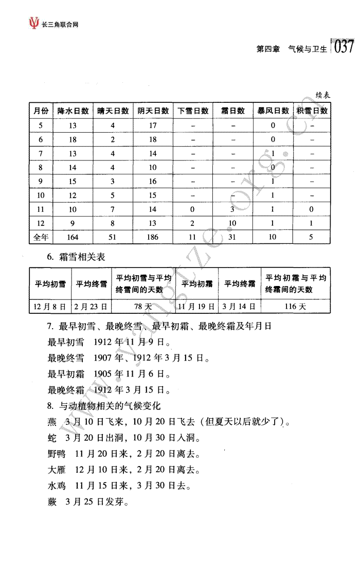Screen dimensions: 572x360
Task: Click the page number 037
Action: tap(344, 47)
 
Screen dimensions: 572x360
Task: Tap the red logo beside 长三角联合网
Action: tap(34, 23)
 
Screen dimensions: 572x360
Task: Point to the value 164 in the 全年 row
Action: tap(73, 237)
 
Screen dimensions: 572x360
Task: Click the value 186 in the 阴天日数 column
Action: tap(153, 237)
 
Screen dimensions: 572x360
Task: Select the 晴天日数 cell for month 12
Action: tap(113, 223)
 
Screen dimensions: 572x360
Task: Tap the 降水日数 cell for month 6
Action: tap(73, 139)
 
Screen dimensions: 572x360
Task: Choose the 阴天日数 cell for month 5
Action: tap(153, 126)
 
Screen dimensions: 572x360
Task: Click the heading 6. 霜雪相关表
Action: tap(76, 257)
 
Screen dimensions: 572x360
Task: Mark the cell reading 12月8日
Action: tap(49, 307)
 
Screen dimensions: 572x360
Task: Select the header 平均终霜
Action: tap(239, 283)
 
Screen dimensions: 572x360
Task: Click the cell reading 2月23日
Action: tap(91, 307)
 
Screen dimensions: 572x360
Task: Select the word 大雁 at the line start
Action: tap(56, 470)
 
